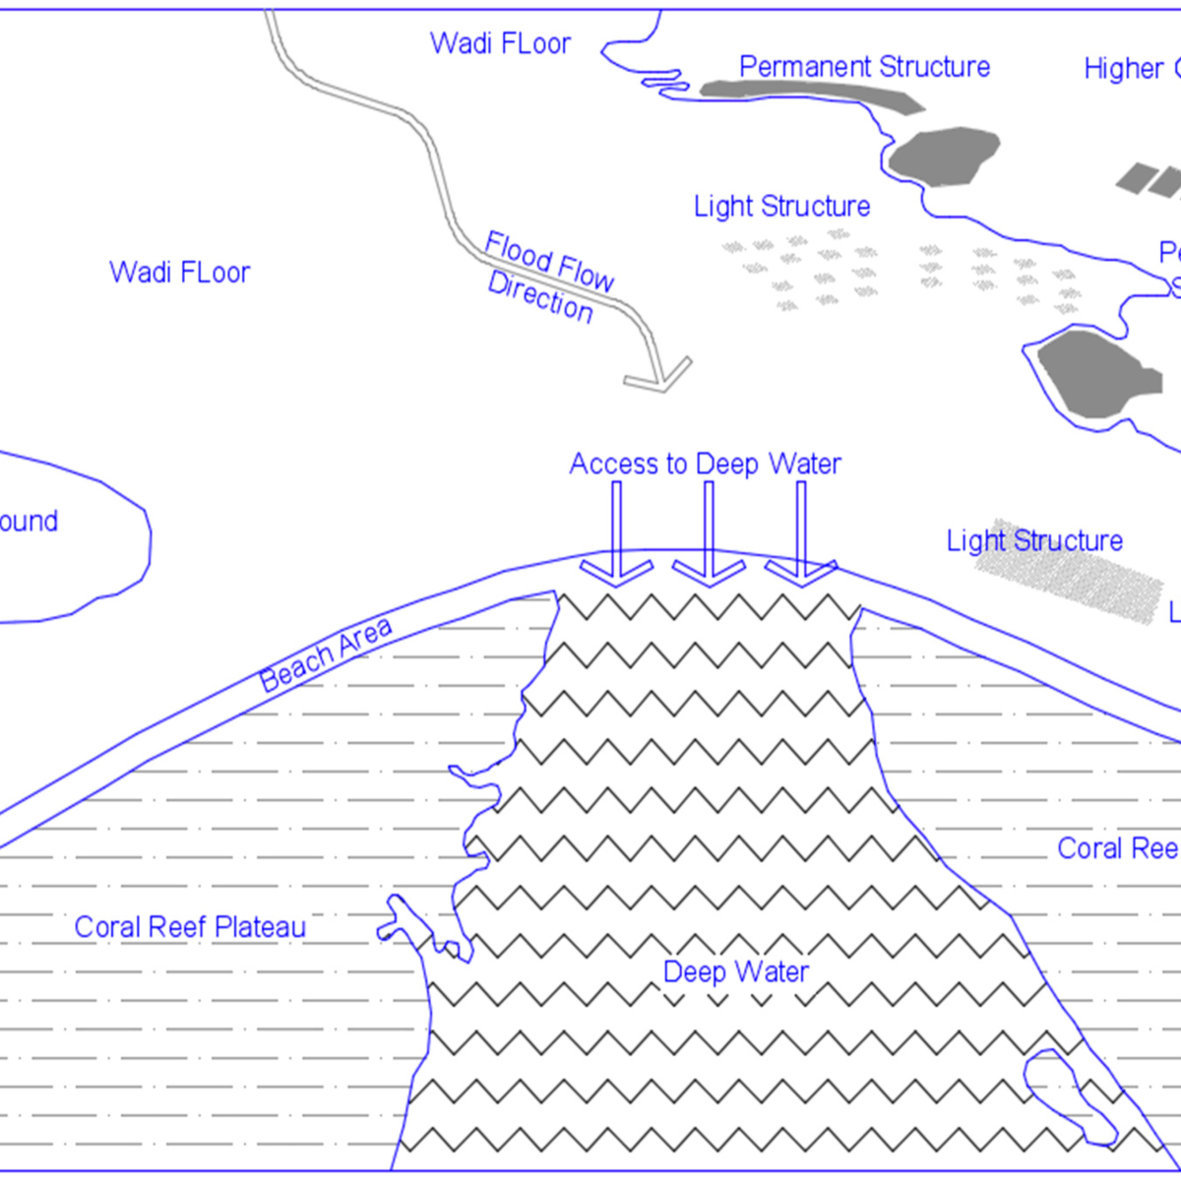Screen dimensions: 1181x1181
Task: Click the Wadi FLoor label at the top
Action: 500,44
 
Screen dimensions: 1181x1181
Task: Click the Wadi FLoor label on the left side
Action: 179,273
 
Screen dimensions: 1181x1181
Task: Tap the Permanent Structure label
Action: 864,67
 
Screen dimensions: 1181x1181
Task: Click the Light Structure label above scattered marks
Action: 781,207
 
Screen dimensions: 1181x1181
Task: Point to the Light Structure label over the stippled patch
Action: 1033,541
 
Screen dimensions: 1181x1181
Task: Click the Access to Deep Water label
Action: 705,464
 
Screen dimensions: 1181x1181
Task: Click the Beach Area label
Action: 326,653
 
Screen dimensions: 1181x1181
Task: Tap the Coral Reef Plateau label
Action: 190,927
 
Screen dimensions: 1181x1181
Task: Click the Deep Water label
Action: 735,972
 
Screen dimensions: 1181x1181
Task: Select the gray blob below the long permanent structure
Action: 943,155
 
